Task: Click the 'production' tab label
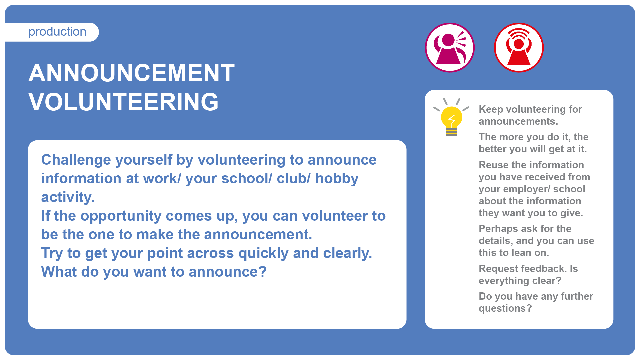(x=57, y=32)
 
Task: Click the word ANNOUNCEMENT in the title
(x=132, y=73)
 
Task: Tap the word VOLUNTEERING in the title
(x=124, y=102)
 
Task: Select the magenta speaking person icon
(x=450, y=48)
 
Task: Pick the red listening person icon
(x=519, y=48)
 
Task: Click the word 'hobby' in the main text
(x=337, y=179)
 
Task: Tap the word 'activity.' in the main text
(x=68, y=198)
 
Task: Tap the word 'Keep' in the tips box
(x=491, y=110)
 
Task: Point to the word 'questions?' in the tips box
(x=505, y=309)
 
